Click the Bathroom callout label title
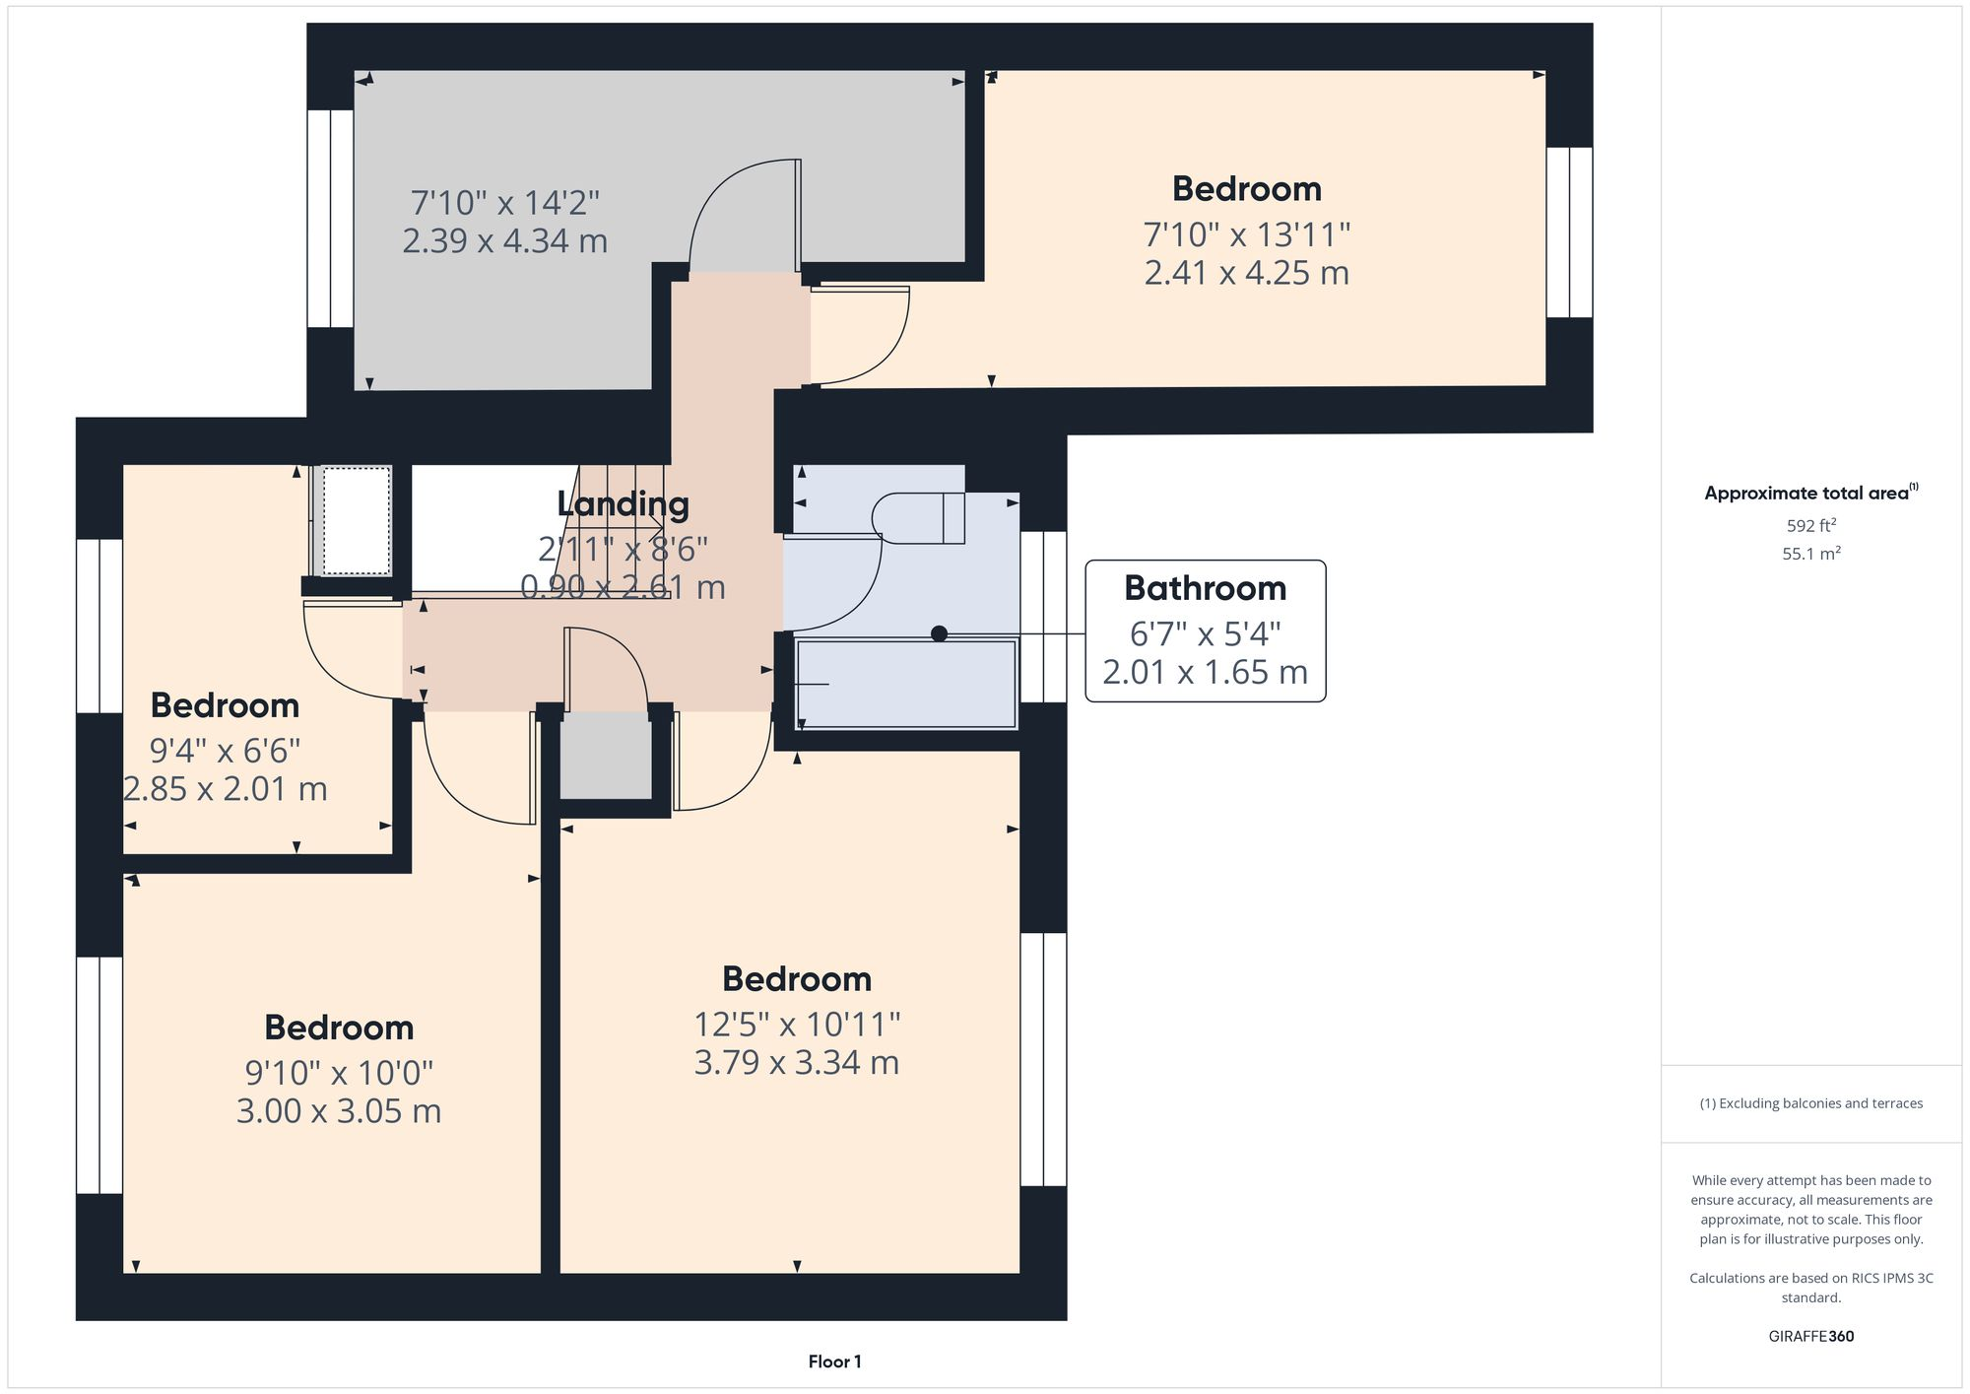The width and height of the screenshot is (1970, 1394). click(1205, 588)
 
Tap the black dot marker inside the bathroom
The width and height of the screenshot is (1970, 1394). click(939, 633)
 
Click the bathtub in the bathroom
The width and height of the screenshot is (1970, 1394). click(906, 685)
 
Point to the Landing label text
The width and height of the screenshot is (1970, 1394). click(623, 503)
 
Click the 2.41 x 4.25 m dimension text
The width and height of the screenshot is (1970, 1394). click(1246, 273)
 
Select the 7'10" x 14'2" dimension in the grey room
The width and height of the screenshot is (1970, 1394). click(504, 203)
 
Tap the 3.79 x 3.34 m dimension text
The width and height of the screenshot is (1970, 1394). click(796, 1063)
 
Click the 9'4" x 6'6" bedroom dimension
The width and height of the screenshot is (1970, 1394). click(225, 752)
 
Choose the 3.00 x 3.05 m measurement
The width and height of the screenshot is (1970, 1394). click(338, 1111)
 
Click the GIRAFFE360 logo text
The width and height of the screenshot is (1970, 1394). click(1810, 1337)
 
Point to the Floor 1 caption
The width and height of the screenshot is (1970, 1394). click(834, 1361)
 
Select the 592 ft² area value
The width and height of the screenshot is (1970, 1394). click(1810, 526)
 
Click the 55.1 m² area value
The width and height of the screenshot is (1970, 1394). click(1810, 554)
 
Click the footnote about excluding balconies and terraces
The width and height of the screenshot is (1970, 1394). click(1810, 1103)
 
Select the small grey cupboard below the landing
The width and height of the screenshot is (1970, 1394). click(606, 756)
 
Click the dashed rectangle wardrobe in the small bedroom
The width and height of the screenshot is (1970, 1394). click(357, 520)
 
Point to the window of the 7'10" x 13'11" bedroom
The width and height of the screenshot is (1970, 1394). click(1569, 232)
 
